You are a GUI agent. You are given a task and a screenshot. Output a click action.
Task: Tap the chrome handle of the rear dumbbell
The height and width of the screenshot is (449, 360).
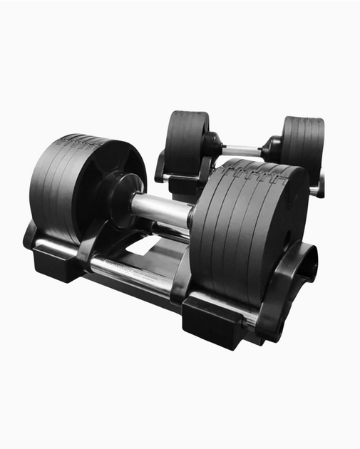[241, 151]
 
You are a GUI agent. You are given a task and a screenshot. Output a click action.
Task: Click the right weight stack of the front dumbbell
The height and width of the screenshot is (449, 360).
[246, 228]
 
